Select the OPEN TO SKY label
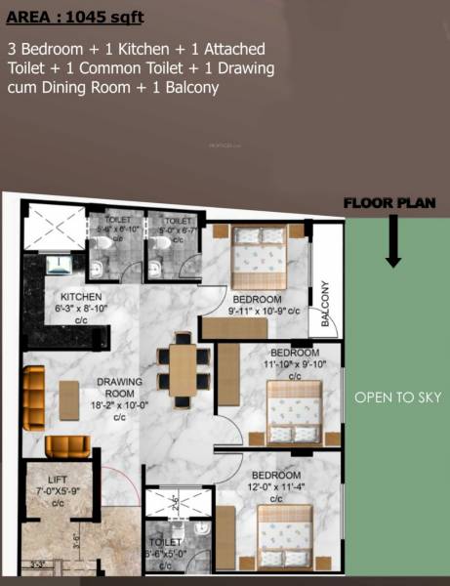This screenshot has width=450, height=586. coord(398,398)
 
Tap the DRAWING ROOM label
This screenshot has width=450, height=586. coord(120,388)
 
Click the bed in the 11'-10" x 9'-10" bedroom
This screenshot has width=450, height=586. coord(294,410)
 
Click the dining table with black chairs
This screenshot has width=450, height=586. coord(183,371)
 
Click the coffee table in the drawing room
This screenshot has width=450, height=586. coord(69,399)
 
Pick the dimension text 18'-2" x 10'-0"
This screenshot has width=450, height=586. coord(120,404)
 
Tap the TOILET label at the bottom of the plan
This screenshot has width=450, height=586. coord(164,542)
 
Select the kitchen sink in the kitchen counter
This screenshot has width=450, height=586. coord(59,262)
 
